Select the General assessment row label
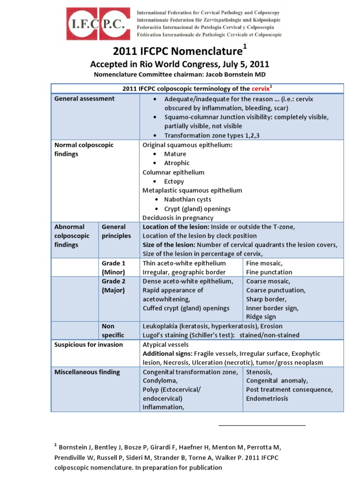click(x=84, y=98)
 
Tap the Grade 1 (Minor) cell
click(x=114, y=268)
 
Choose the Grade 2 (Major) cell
click(x=114, y=285)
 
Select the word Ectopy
click(x=174, y=181)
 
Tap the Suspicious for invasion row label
click(x=89, y=345)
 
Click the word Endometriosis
click(x=267, y=398)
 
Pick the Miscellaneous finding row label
click(x=87, y=372)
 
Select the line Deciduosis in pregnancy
click(x=178, y=217)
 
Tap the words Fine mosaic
click(x=264, y=263)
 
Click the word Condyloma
click(x=159, y=381)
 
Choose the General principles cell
click(x=116, y=231)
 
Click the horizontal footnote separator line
click(x=262, y=425)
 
